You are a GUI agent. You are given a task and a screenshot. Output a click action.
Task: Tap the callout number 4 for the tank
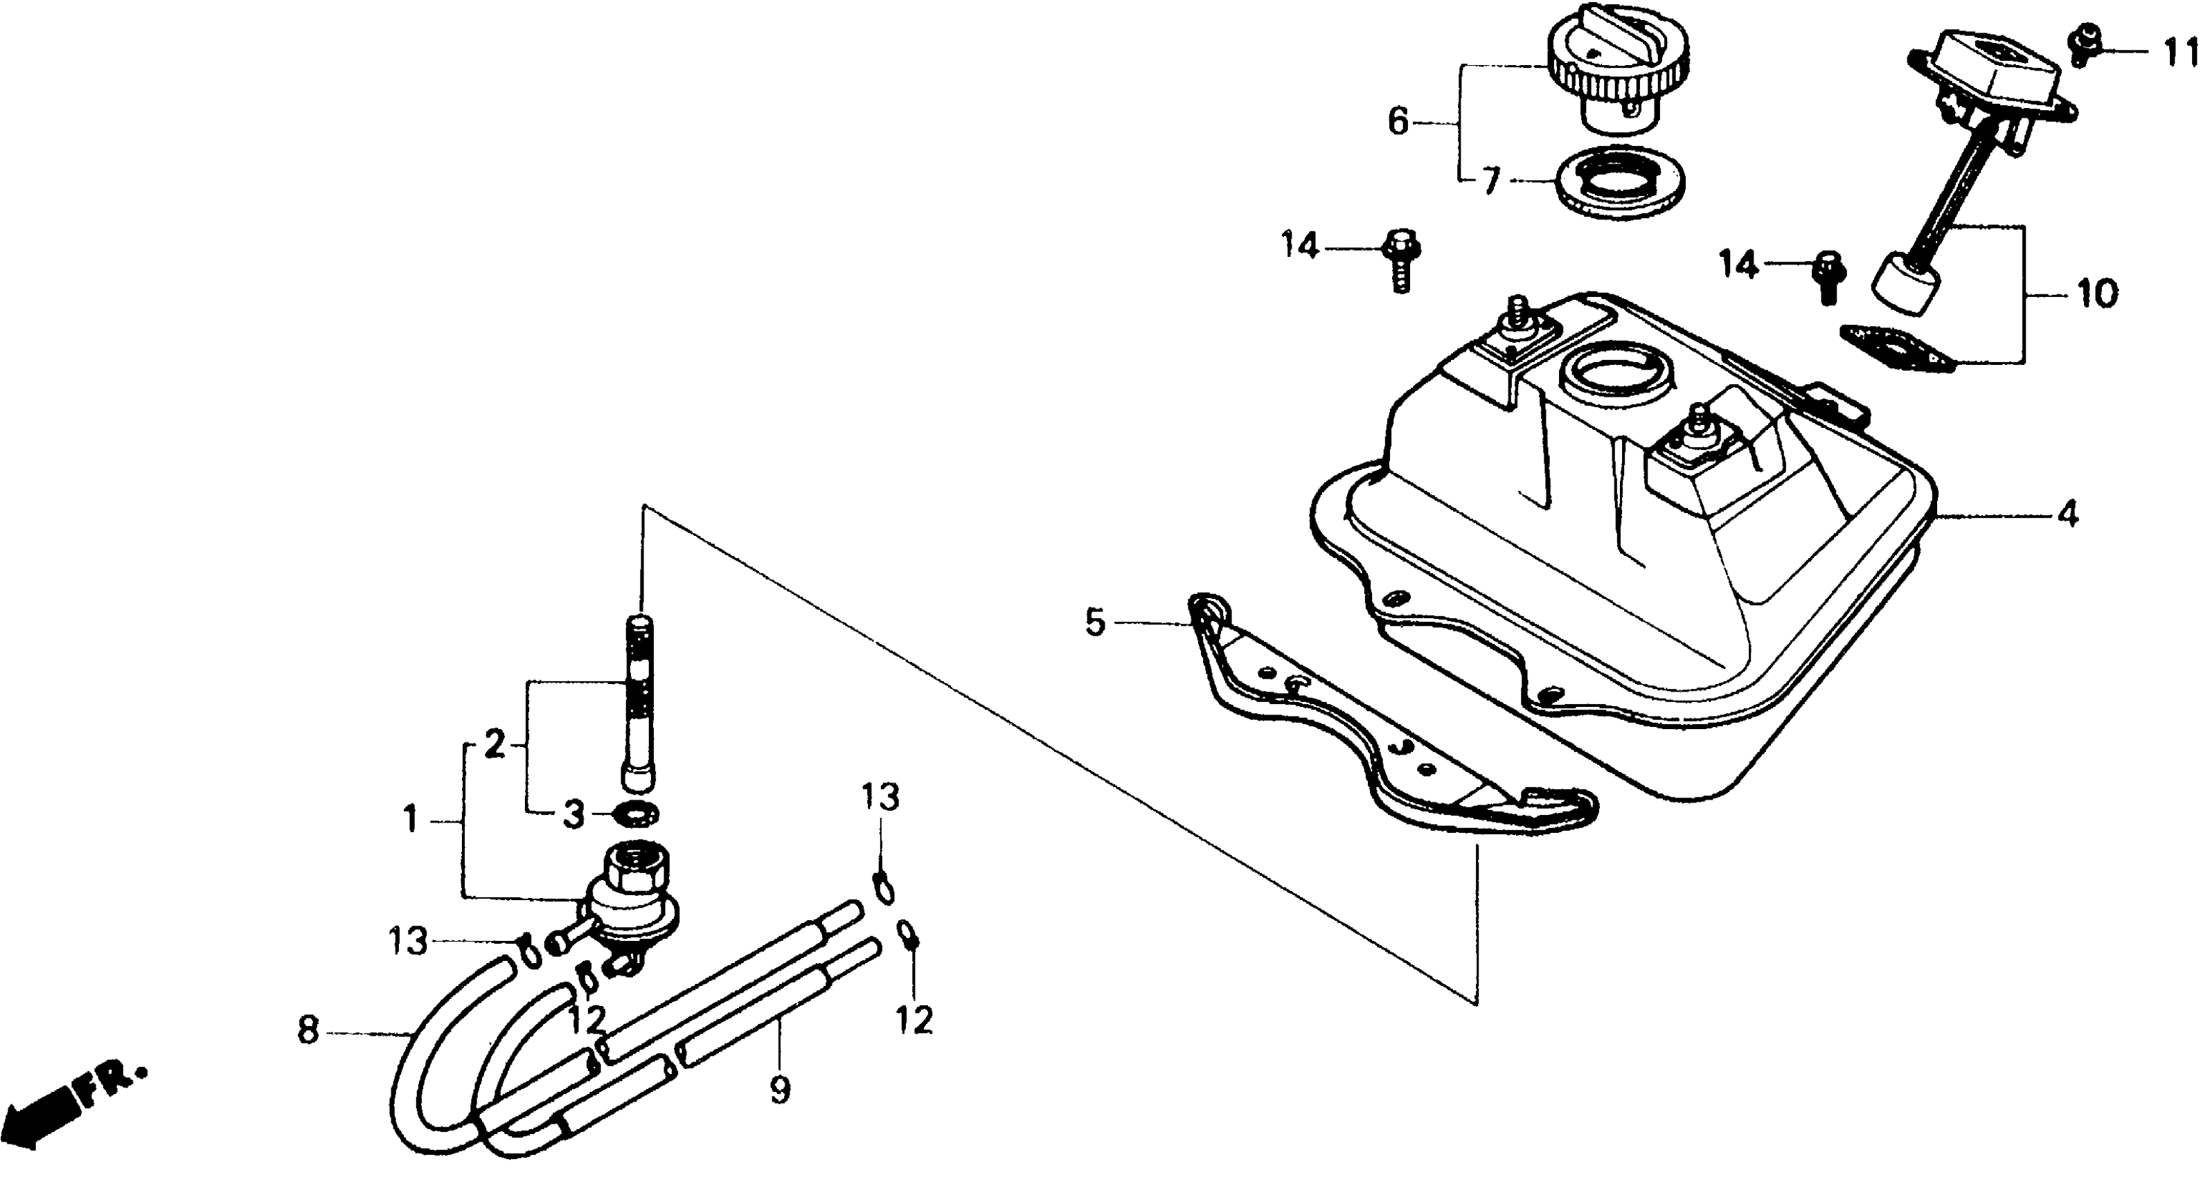[2067, 516]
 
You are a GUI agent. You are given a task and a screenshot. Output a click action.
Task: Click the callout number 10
[2096, 294]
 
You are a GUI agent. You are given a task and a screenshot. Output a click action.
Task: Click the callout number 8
[307, 1030]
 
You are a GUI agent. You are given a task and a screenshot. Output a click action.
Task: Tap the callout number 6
[1398, 123]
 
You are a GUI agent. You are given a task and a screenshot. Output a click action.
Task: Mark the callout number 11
[2181, 53]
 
